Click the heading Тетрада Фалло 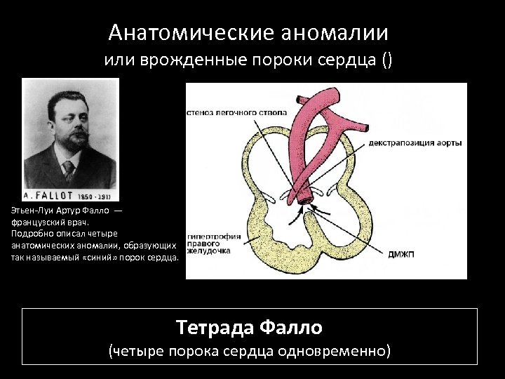(249, 327)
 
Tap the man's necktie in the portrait (68, 168)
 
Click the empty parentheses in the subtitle (388, 61)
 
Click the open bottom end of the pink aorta (304, 201)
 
